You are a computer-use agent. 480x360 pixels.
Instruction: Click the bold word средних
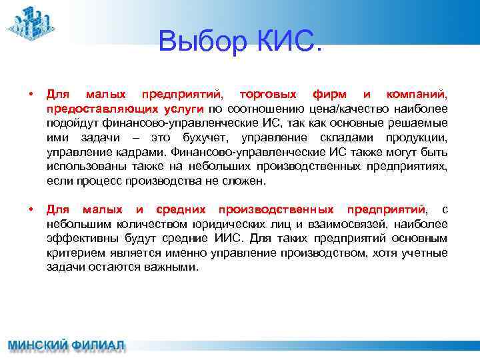[x=178, y=210]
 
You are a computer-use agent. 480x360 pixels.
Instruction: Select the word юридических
[x=241, y=225]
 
